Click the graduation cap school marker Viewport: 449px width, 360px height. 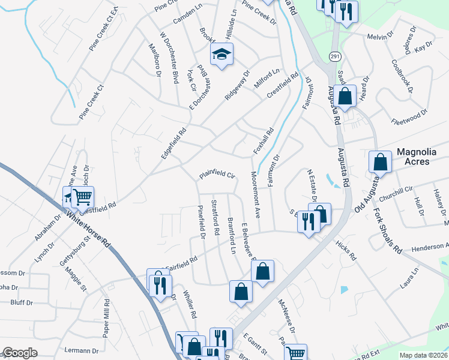click(x=222, y=55)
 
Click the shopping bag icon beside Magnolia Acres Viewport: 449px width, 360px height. click(x=380, y=161)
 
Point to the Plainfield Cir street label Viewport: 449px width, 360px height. click(x=216, y=175)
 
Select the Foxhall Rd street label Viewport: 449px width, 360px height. click(x=264, y=140)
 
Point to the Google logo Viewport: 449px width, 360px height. click(x=20, y=353)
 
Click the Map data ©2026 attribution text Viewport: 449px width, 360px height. click(x=423, y=355)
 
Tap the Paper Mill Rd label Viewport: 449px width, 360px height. click(x=107, y=317)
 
